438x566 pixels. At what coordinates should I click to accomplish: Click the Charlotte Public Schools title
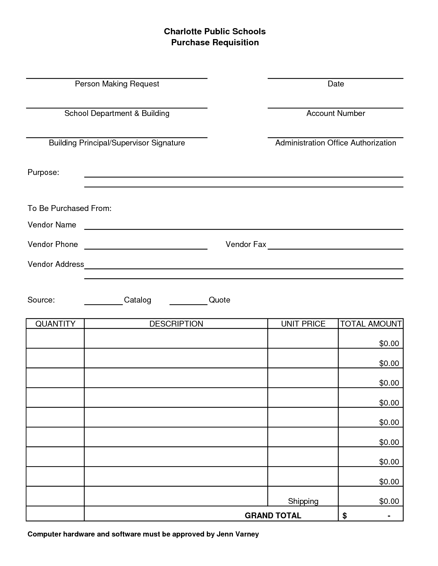(x=215, y=32)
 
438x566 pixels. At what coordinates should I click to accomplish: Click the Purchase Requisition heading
(x=215, y=43)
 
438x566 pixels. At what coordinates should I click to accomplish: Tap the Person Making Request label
(x=117, y=84)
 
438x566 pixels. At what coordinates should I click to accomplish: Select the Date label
(x=336, y=84)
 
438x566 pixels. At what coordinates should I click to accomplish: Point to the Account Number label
(x=336, y=114)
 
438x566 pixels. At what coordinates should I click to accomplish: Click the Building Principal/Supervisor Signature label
(x=117, y=143)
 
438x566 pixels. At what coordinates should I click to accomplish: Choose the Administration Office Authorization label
(x=336, y=143)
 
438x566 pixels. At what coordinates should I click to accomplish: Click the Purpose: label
(x=43, y=173)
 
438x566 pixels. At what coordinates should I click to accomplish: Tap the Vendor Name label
(x=52, y=225)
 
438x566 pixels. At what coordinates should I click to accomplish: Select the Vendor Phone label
(x=53, y=245)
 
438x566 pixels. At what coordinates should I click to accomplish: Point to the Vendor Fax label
(x=246, y=245)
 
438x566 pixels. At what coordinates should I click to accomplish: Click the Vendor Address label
(x=56, y=264)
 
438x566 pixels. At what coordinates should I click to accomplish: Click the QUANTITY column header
(x=55, y=324)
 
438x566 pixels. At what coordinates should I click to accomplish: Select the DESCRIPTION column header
(x=176, y=324)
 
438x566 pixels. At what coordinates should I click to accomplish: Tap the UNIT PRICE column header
(x=303, y=324)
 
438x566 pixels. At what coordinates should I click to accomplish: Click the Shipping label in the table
(x=303, y=502)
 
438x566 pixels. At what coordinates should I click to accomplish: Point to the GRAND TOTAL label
(x=273, y=516)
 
